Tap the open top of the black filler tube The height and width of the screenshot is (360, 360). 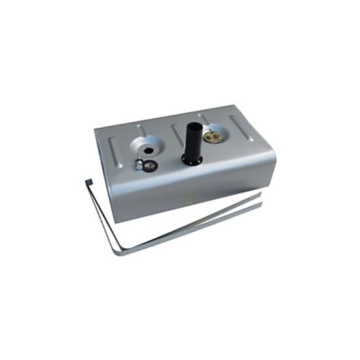pyautogui.click(x=194, y=126)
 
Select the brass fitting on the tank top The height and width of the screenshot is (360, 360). pyautogui.click(x=213, y=136)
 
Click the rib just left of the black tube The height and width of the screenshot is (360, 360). pyautogui.click(x=177, y=135)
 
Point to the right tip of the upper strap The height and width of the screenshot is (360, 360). pyautogui.click(x=260, y=194)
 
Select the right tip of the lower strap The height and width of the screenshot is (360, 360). pyautogui.click(x=261, y=205)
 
